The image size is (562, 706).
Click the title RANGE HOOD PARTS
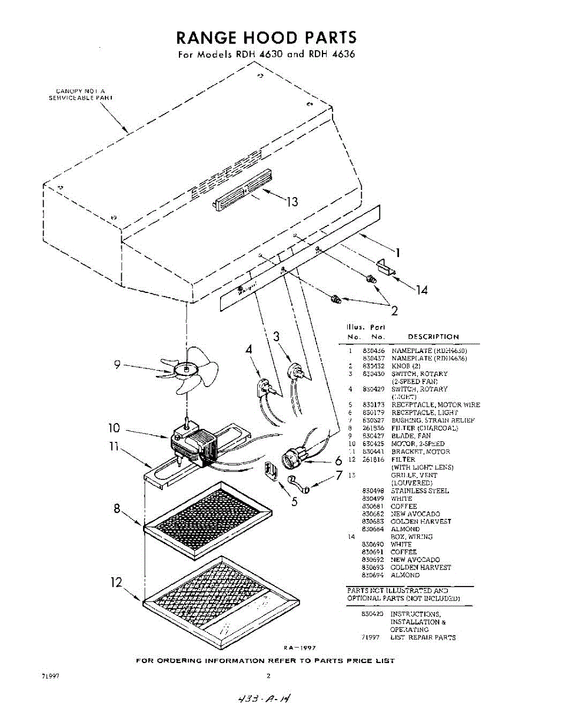click(x=266, y=38)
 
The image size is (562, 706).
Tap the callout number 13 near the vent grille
click(x=292, y=202)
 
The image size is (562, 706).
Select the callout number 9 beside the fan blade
click(x=118, y=365)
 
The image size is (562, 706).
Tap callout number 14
click(x=421, y=289)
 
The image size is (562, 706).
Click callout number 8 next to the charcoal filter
click(x=118, y=509)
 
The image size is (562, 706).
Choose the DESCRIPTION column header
click(x=433, y=337)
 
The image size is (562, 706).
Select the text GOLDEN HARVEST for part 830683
click(x=421, y=522)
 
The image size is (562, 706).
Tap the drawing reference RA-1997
click(x=300, y=647)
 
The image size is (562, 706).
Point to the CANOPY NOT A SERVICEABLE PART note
click(x=80, y=94)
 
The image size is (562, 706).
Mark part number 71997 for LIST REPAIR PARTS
click(x=371, y=638)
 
